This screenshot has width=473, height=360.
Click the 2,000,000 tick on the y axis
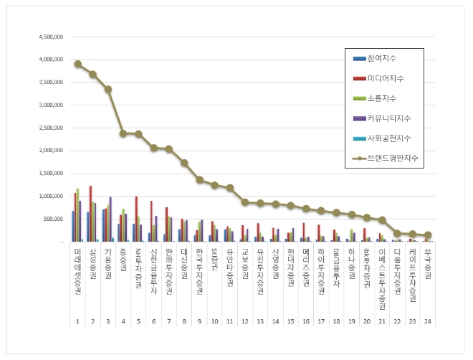click(49, 151)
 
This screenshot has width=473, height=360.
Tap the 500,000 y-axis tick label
click(53, 219)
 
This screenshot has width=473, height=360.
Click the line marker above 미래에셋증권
click(77, 64)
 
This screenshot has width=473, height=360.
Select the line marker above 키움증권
click(107, 89)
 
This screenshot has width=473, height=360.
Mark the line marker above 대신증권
click(183, 163)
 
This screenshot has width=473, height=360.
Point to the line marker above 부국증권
click(427, 235)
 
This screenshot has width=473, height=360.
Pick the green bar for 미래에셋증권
click(77, 215)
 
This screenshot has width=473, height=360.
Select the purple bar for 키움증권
click(110, 219)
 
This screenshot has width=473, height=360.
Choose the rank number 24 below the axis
click(427, 322)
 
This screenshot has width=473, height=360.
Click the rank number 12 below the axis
click(245, 322)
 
